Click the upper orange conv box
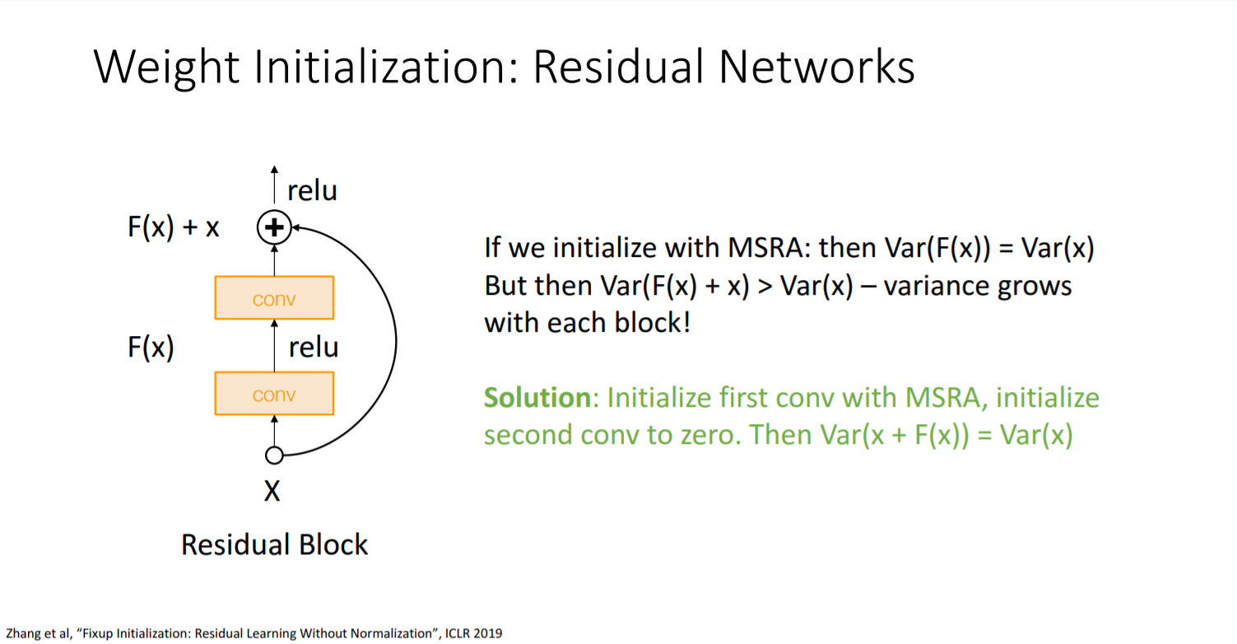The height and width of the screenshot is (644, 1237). coord(274,297)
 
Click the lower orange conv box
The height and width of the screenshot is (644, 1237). coord(274,394)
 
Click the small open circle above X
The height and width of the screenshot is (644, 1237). coord(274,455)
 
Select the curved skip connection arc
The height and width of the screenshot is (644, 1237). coord(394,338)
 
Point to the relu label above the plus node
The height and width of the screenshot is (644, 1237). coord(312,191)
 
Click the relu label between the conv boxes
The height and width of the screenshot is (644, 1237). coord(314,348)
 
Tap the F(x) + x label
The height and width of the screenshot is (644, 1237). coord(174,227)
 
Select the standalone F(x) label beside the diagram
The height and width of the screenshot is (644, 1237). coord(151,348)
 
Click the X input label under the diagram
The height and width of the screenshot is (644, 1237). coord(272,492)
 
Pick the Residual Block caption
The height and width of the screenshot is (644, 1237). coord(274,544)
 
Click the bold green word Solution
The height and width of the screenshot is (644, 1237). coord(537,398)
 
